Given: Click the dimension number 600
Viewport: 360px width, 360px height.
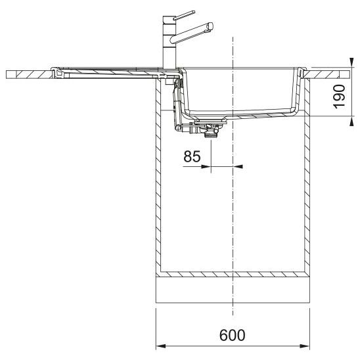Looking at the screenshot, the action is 232,335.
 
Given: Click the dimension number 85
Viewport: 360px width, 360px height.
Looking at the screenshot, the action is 192,156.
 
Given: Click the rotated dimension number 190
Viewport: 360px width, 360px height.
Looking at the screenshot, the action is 339,97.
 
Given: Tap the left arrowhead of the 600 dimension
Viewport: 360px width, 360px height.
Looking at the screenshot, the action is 161,346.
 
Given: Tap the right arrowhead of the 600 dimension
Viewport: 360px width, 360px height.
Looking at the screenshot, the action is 305,346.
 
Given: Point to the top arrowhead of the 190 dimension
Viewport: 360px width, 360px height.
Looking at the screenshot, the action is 351,62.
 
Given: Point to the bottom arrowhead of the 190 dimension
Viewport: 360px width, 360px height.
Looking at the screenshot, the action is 351,121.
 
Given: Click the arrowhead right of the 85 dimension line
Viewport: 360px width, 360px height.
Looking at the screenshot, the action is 238,166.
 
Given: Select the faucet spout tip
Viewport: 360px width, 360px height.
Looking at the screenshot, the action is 210,26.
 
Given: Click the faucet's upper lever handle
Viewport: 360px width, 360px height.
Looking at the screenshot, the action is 184,15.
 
